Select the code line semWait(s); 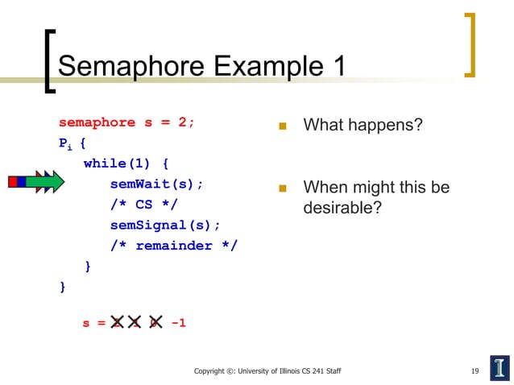[156, 184]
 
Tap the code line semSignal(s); [165, 225]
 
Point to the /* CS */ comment [143, 204]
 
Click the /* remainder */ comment [174, 246]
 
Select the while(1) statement [126, 163]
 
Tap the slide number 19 [475, 371]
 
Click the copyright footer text [267, 371]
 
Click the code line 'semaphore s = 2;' [126, 122]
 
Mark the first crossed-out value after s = [117, 323]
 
